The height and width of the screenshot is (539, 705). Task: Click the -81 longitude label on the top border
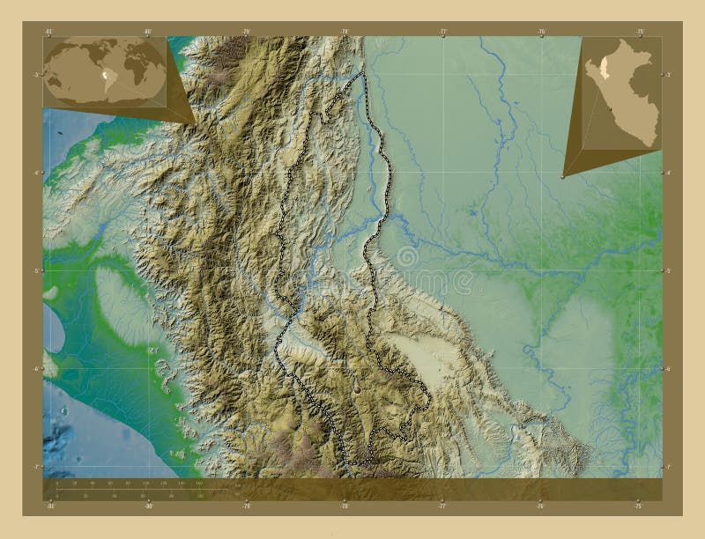[x=49, y=32]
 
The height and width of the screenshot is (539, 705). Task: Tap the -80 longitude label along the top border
[x=148, y=32]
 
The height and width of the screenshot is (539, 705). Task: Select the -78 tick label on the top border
[x=345, y=32]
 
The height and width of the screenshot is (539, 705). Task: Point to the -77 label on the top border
[x=443, y=32]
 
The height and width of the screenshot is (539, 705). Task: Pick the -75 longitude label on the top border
[x=640, y=32]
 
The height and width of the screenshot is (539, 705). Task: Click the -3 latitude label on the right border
[x=668, y=75]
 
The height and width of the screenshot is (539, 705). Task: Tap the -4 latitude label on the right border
[x=668, y=173]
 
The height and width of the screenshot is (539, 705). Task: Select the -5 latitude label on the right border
[x=668, y=270]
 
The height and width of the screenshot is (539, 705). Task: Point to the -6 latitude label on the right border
[x=668, y=368]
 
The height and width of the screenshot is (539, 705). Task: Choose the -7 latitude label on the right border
[x=668, y=466]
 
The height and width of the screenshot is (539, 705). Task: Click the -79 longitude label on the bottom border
[x=247, y=506]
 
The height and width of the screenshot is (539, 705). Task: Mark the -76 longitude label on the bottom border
[x=541, y=506]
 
